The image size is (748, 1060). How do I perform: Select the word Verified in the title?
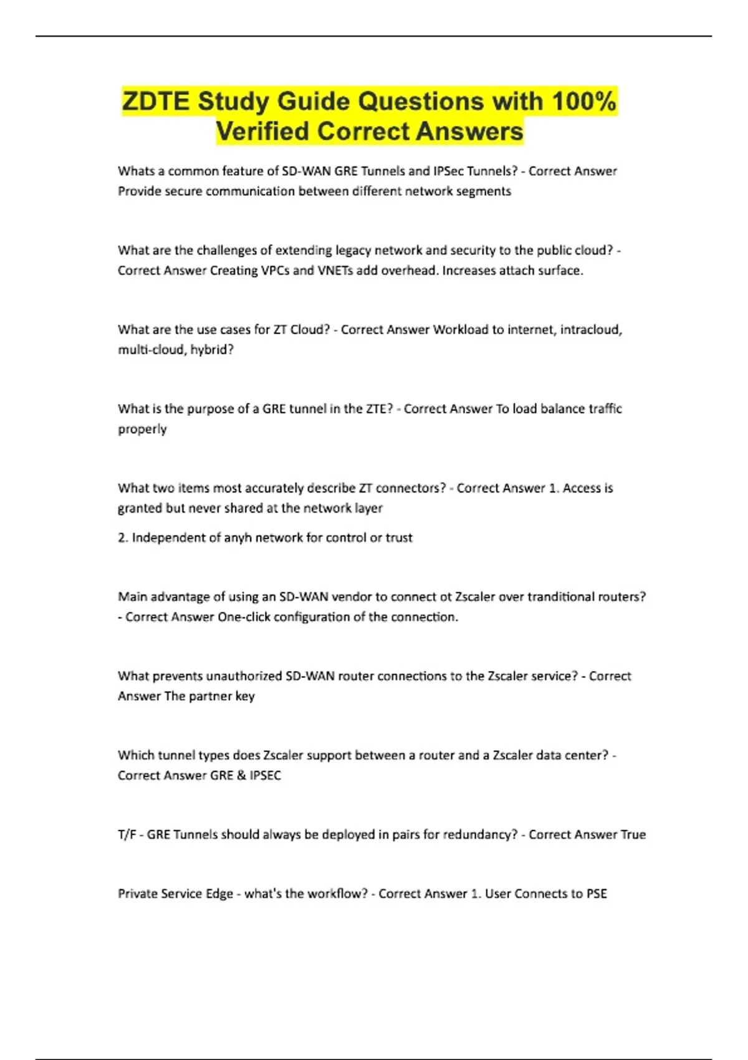[x=262, y=132]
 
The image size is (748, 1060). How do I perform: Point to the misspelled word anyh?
[x=237, y=538]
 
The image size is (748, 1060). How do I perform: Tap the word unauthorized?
[x=243, y=677]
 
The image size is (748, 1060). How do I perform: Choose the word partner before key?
[x=210, y=696]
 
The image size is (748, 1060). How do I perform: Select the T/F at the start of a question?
[x=127, y=835]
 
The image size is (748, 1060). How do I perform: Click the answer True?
[x=633, y=835]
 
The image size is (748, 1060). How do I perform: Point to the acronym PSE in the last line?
[x=597, y=894]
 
